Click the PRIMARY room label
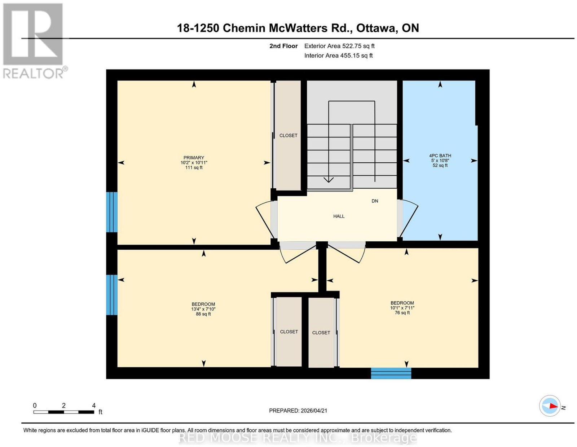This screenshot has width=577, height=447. (194, 158)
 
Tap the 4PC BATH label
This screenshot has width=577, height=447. (440, 155)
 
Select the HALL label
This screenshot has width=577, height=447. (339, 216)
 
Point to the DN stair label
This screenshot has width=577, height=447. (375, 201)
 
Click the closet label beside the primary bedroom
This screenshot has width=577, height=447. (288, 135)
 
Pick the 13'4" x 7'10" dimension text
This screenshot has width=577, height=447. (203, 309)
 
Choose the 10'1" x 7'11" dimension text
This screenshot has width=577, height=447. (402, 308)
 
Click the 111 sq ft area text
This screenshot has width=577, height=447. (194, 168)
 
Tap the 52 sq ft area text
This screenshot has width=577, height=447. (440, 166)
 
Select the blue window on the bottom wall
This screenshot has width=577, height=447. (391, 373)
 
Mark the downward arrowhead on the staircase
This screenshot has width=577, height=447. (329, 180)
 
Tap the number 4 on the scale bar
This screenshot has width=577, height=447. (93, 406)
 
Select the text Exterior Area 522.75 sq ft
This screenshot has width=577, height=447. (339, 46)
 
